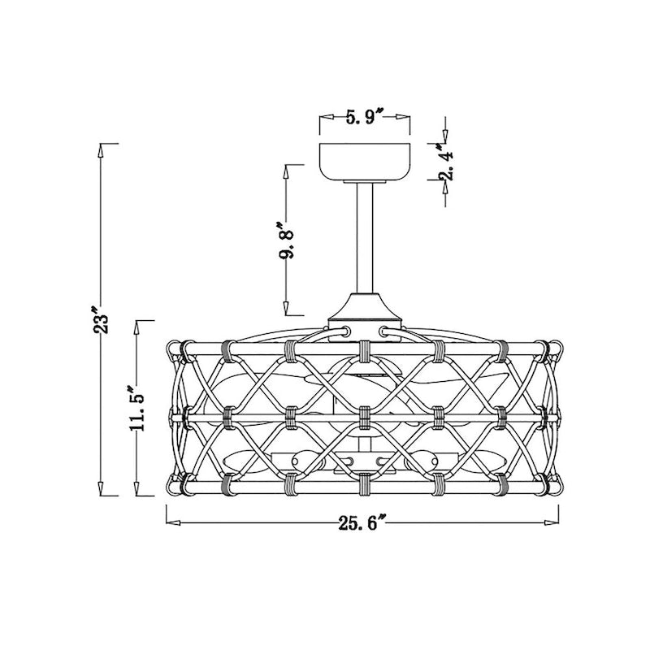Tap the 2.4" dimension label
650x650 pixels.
[446, 162]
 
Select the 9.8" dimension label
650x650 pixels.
[286, 240]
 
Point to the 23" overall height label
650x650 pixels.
[100, 319]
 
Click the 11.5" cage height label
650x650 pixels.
[136, 409]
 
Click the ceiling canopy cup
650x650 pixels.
[364, 162]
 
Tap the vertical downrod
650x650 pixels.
[364, 238]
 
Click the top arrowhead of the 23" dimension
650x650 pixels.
[100, 151]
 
